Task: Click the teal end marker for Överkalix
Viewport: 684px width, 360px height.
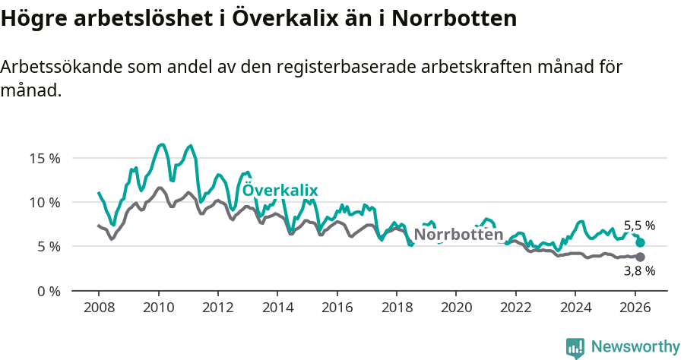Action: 640,242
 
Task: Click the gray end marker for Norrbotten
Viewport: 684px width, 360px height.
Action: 640,257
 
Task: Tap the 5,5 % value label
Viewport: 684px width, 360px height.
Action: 639,226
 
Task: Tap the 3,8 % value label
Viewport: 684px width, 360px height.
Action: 639,270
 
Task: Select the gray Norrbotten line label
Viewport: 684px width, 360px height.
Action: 458,235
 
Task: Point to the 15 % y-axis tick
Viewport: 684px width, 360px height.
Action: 45,159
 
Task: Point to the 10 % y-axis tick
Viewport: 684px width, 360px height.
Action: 45,203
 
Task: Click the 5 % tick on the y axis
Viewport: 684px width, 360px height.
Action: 48,247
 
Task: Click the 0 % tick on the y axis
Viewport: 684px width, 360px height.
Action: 48,291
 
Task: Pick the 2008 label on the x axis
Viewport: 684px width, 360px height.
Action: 99,309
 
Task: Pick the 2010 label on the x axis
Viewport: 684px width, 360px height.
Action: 158,309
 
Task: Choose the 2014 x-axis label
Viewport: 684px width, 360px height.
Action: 277,309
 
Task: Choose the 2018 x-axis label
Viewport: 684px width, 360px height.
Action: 396,309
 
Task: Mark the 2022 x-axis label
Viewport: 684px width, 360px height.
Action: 515,309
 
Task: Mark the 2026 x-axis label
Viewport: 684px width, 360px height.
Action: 634,309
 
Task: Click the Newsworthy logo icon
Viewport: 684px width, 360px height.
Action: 575,347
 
